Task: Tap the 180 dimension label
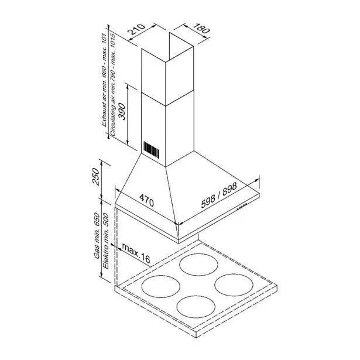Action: [200, 28]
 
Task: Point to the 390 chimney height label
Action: [122, 112]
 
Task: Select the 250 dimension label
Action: [96, 177]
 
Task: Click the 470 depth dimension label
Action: [147, 200]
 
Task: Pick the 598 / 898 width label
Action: [219, 195]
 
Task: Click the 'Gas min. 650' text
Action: [97, 235]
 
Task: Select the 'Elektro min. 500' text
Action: [106, 241]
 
